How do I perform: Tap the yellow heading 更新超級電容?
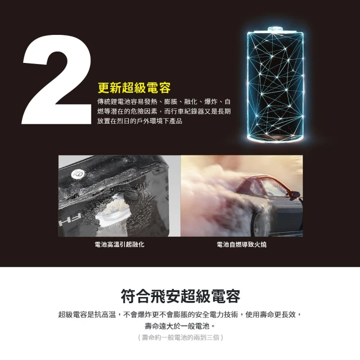[134, 88]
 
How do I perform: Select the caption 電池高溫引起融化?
[119, 245]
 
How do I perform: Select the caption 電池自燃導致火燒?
[241, 245]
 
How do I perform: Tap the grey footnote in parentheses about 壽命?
[181, 337]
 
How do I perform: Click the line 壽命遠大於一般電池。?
[181, 326]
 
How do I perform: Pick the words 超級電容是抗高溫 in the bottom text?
[85, 314]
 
